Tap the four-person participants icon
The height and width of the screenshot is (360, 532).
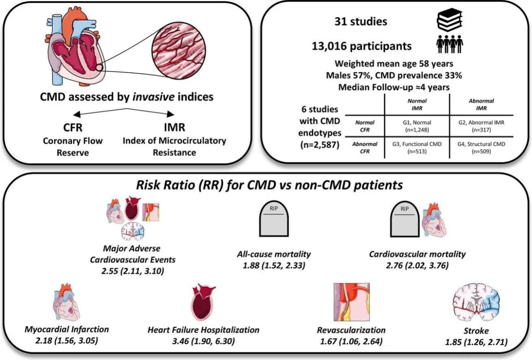click(449, 44)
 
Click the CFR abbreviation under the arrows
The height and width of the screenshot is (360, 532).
click(73, 128)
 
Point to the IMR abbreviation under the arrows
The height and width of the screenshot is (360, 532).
click(175, 127)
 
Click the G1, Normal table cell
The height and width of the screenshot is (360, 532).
click(417, 126)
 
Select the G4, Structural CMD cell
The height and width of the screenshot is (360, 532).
click(481, 148)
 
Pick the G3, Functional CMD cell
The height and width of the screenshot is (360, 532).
click(417, 148)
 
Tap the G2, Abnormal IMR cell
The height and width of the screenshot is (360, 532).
click(481, 126)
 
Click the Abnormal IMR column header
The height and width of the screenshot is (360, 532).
click(481, 104)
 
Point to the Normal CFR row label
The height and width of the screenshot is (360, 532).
click(365, 126)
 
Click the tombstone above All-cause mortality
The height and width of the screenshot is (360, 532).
click(274, 219)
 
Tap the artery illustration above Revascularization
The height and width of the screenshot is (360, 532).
click(352, 302)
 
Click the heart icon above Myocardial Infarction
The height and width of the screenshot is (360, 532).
click(66, 302)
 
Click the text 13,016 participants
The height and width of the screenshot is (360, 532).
click(362, 46)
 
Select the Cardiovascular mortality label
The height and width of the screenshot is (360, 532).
click(417, 254)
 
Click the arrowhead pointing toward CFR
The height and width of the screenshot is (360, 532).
click(77, 115)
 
